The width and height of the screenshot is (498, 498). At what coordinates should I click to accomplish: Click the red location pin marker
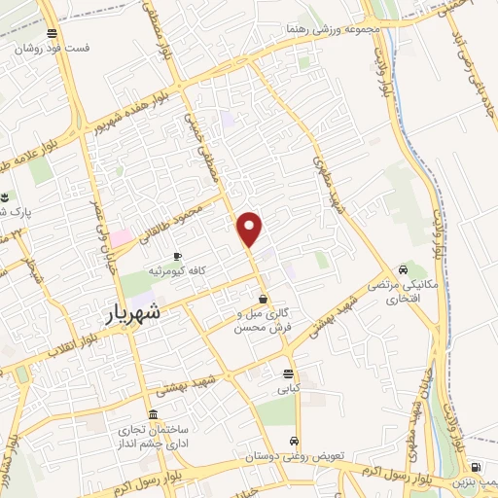pyautogui.click(x=250, y=229)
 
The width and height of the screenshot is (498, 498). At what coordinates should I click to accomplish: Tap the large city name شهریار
pyautogui.click(x=134, y=316)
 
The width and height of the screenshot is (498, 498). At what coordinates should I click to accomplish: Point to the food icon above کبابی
pyautogui.click(x=288, y=373)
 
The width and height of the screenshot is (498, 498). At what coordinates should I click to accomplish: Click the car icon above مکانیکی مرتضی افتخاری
pyautogui.click(x=402, y=269)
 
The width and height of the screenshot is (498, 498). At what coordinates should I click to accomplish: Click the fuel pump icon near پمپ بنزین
pyautogui.click(x=476, y=466)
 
